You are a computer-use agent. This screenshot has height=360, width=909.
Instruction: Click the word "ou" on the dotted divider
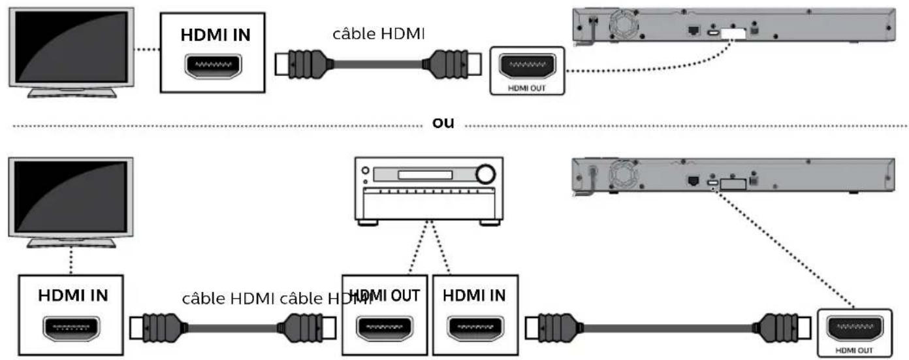[x=444, y=123]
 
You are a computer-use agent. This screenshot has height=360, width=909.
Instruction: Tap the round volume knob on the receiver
[x=485, y=174]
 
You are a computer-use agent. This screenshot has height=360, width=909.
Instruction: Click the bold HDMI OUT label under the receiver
[x=385, y=295]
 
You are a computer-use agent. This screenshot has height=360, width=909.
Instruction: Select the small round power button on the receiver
[x=365, y=171]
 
